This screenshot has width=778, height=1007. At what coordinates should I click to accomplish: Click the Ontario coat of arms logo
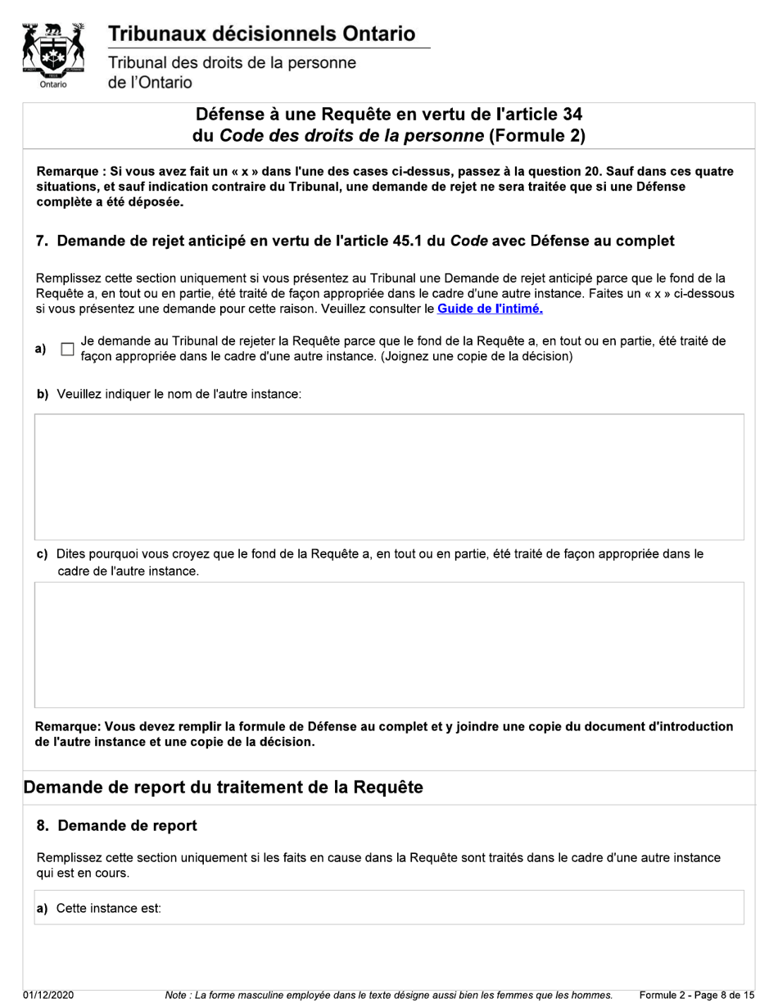(53, 55)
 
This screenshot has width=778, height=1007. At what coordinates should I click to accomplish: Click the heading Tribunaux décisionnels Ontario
(261, 34)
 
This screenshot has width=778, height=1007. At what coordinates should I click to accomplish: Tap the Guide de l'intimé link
(490, 309)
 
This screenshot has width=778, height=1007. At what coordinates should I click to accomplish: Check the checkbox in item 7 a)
(68, 350)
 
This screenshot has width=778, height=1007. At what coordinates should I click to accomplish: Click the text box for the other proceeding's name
(389, 476)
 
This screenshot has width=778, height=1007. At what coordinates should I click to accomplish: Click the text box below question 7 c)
(389, 644)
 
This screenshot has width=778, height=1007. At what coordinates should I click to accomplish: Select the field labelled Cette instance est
(450, 908)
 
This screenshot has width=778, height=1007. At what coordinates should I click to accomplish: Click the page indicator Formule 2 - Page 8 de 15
(696, 995)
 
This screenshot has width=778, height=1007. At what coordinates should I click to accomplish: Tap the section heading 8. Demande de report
(116, 825)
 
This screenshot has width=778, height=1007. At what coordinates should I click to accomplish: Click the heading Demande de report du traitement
(223, 788)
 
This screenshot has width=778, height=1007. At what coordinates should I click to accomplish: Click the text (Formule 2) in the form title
(536, 136)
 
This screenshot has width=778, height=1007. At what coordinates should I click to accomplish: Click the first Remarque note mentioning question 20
(385, 187)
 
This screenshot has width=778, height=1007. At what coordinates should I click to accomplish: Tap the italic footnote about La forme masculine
(388, 995)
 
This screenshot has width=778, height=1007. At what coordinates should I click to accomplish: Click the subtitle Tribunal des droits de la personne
(232, 63)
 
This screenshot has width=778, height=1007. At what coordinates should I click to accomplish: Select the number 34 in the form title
(572, 115)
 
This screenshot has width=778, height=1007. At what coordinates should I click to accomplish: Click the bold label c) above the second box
(42, 554)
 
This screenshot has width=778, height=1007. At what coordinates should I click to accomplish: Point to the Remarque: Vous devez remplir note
(383, 734)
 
